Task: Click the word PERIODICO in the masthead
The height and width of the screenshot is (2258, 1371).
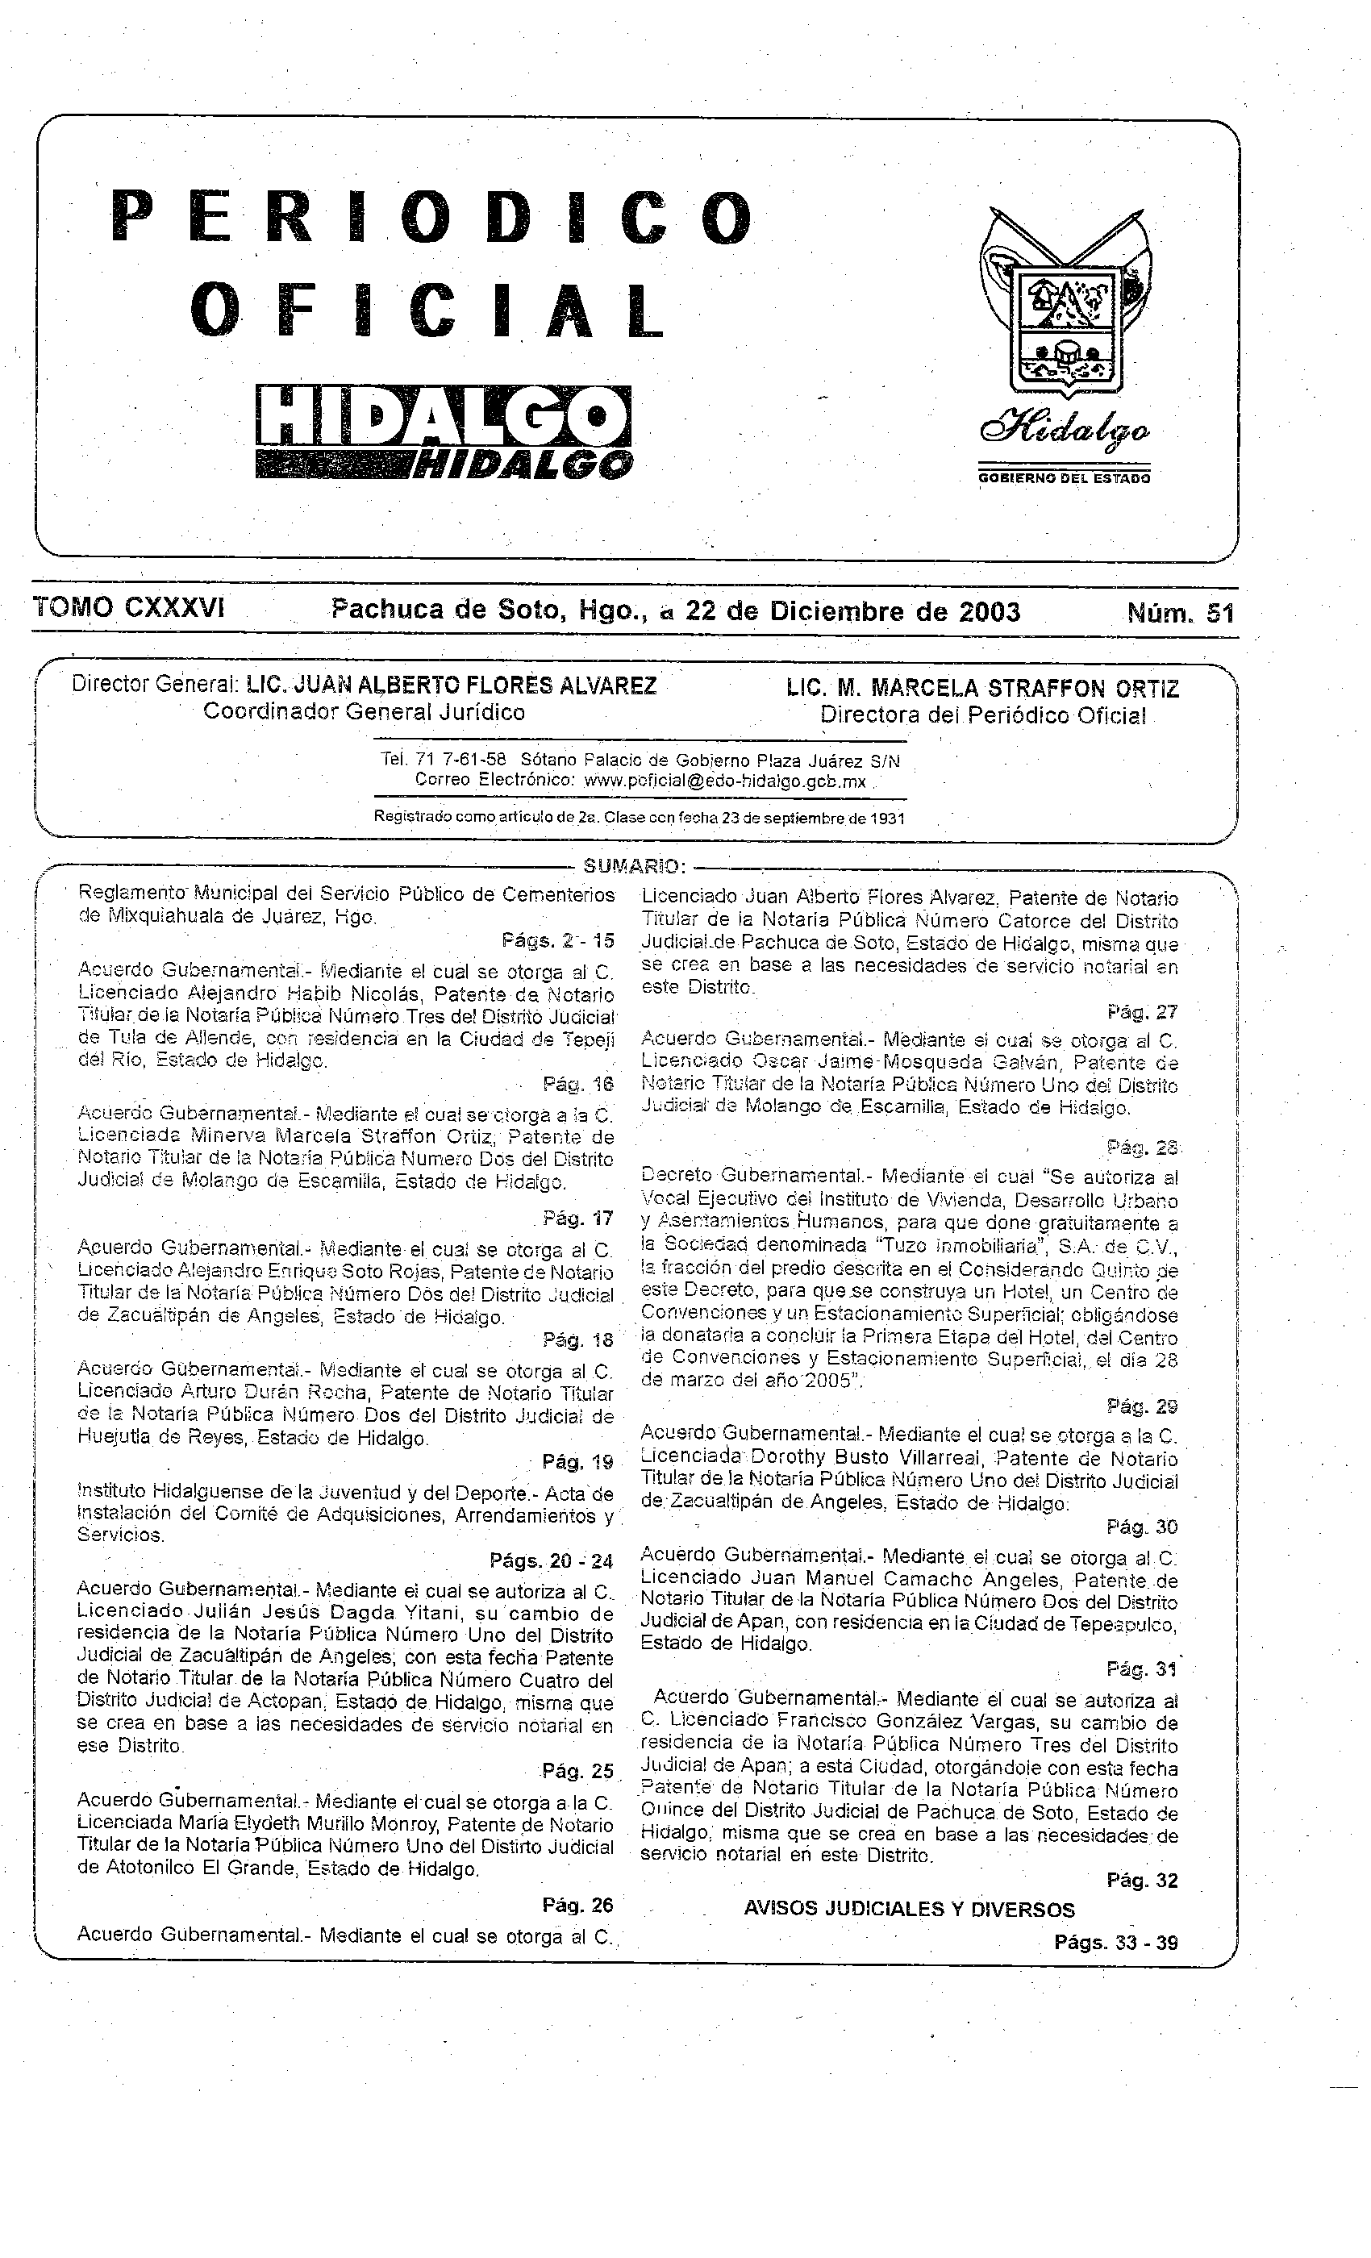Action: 431,218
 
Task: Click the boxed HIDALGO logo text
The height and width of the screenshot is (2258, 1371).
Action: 444,417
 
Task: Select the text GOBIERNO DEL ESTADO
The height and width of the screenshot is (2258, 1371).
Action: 1064,477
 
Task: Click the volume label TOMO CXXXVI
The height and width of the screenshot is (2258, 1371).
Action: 128,607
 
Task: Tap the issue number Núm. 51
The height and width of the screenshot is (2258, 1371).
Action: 1181,611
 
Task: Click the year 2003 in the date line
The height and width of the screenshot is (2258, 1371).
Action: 989,610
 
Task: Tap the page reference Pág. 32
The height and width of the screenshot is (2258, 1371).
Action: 1141,1881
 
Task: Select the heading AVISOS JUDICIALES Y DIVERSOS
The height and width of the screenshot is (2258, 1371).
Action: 908,1910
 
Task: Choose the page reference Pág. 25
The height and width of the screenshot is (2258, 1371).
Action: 577,1770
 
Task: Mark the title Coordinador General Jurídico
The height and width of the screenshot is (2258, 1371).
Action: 364,712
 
